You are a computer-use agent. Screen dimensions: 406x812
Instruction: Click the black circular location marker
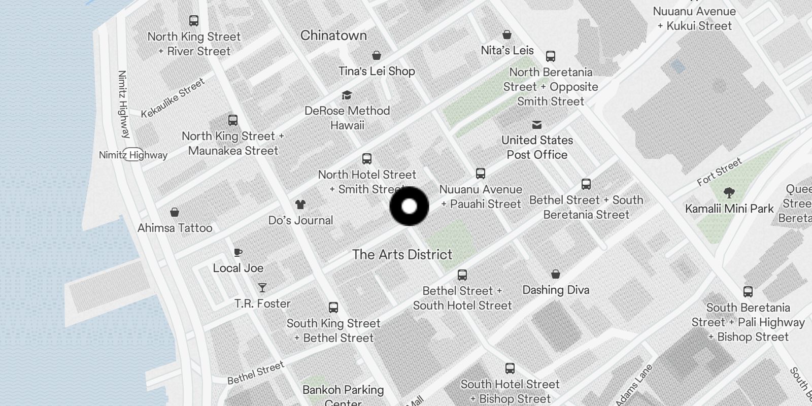click(x=409, y=206)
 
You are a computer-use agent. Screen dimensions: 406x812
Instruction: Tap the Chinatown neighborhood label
click(x=333, y=36)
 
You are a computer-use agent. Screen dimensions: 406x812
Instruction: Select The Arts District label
click(x=402, y=254)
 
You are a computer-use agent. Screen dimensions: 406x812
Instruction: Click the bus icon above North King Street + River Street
click(x=194, y=21)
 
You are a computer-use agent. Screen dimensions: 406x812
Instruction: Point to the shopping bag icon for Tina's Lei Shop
click(x=377, y=55)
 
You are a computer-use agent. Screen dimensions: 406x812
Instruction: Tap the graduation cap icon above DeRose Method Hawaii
click(x=347, y=95)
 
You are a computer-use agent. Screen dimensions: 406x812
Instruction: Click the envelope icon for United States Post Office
click(x=537, y=125)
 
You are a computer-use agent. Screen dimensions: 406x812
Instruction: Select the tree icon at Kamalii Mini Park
click(x=729, y=193)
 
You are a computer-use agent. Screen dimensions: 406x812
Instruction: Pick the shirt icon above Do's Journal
click(x=300, y=205)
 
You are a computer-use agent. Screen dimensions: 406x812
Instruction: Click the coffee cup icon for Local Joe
click(x=238, y=252)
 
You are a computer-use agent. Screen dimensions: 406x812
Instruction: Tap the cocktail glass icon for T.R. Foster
click(x=262, y=288)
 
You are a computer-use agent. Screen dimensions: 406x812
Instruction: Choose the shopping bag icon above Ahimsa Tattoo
click(x=175, y=212)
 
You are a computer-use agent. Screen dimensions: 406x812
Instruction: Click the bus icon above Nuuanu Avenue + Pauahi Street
click(x=481, y=174)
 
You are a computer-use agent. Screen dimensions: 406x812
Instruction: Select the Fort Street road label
click(x=719, y=172)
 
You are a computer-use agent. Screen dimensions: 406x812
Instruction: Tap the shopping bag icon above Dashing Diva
click(x=556, y=274)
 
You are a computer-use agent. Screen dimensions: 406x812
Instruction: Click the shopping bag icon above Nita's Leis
click(x=507, y=35)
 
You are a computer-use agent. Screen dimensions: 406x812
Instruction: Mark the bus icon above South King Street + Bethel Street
click(x=333, y=308)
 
